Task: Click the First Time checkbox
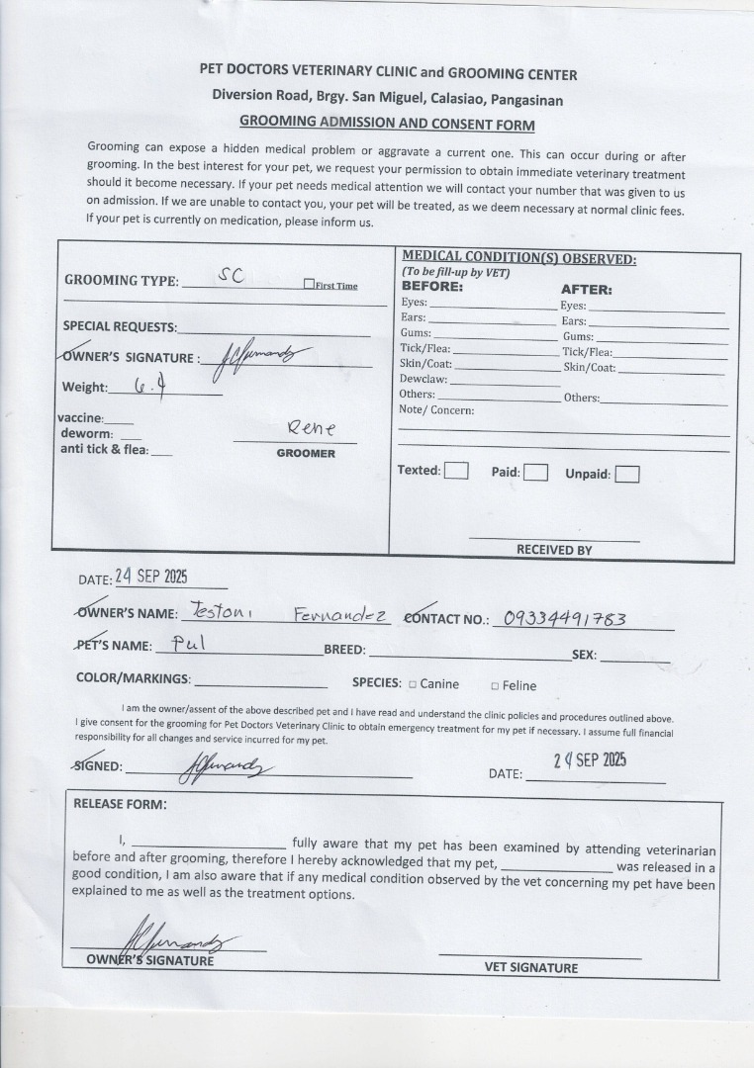(x=309, y=285)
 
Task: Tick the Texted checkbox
(x=456, y=471)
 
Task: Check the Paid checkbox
(x=535, y=472)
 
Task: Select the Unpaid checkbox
(x=627, y=475)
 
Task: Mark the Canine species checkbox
(x=412, y=684)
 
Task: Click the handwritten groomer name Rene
(x=311, y=427)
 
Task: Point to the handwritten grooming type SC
(x=231, y=276)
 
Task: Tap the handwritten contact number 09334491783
(x=565, y=619)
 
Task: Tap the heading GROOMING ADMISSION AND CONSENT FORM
(x=387, y=124)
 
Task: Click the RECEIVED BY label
(x=553, y=550)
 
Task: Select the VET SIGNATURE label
(x=531, y=967)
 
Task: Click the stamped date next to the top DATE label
(x=151, y=577)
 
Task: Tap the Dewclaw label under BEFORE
(x=424, y=380)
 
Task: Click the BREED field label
(x=344, y=651)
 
